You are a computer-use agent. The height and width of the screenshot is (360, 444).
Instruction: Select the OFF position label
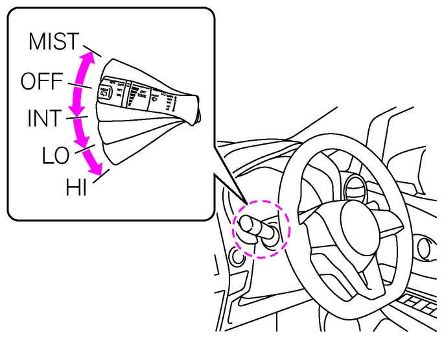41,82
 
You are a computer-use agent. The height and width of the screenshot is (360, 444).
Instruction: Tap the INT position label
44,119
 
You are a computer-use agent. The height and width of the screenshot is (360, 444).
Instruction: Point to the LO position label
56,155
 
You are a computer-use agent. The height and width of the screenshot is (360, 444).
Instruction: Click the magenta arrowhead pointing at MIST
90,57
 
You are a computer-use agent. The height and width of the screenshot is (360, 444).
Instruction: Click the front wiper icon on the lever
154,101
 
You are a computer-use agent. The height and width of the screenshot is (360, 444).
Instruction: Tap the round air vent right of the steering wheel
425,248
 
